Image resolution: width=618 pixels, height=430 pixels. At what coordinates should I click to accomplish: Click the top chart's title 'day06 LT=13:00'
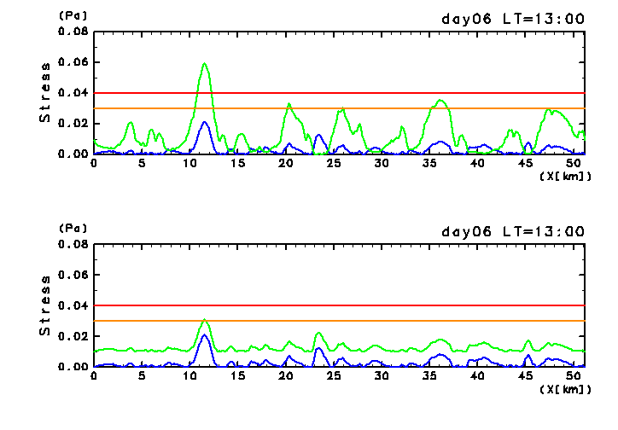[512, 19]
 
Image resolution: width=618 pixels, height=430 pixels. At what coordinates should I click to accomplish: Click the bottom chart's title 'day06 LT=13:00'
[512, 231]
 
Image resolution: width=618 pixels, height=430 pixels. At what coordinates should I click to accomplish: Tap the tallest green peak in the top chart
[205, 64]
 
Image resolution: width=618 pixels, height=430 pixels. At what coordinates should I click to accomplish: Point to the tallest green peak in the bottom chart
[205, 320]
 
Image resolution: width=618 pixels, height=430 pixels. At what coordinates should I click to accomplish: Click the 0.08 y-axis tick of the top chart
[73, 32]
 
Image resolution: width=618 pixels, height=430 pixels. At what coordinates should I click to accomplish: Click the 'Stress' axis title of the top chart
[45, 93]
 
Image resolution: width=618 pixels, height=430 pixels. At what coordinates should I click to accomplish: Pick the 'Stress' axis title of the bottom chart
[45, 305]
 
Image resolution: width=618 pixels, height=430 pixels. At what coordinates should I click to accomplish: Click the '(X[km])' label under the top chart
[565, 175]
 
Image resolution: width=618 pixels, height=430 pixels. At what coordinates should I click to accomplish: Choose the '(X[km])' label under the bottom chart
[565, 388]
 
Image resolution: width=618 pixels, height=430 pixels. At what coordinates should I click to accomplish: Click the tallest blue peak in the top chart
[205, 122]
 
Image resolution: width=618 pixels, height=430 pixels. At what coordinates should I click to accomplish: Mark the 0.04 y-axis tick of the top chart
[73, 93]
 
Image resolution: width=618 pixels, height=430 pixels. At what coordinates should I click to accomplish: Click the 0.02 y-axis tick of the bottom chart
[73, 336]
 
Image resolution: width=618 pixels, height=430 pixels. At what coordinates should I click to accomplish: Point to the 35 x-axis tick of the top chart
[431, 163]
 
